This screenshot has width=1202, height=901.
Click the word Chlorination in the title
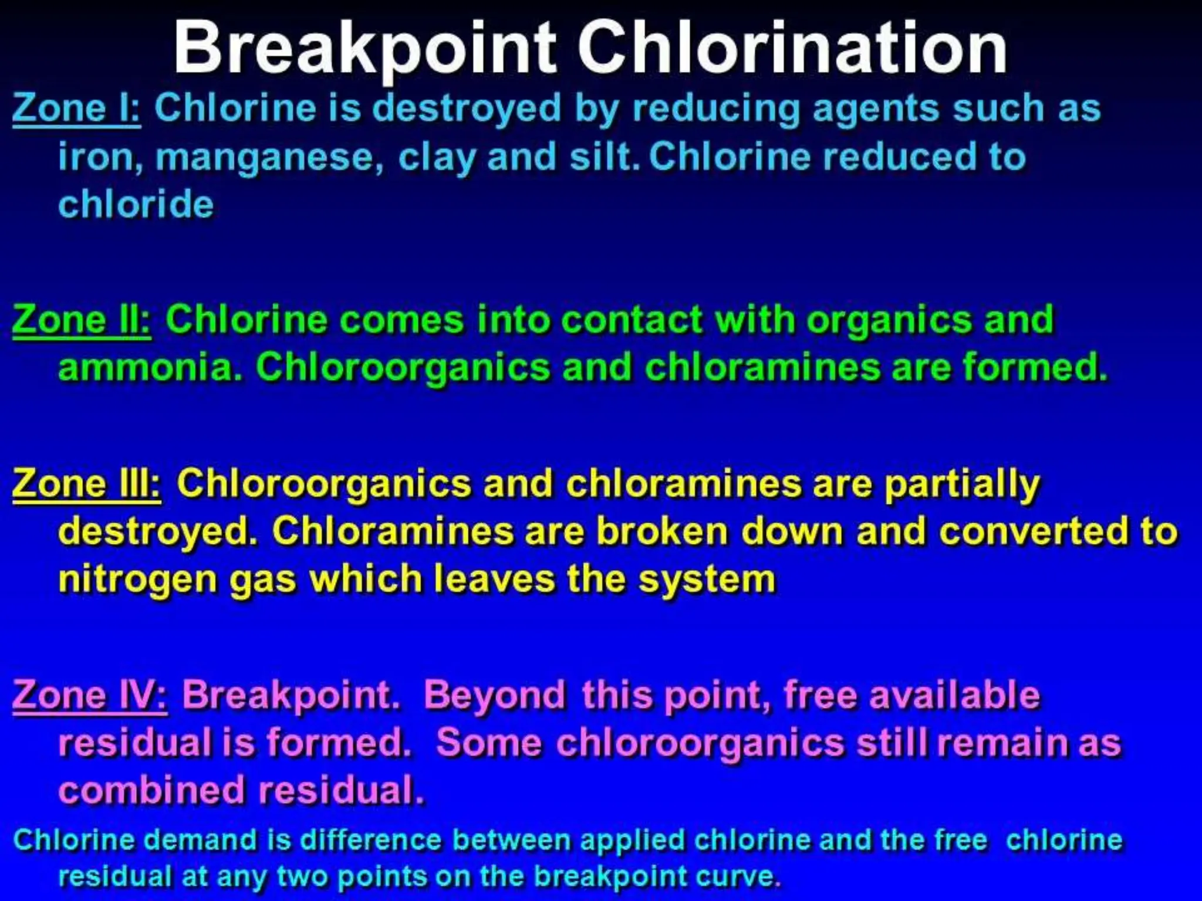(792, 48)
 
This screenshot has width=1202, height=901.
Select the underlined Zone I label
(76, 109)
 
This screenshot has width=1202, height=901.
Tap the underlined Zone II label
(82, 320)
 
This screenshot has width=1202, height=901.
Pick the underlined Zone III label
(86, 484)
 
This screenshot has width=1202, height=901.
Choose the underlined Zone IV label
(90, 695)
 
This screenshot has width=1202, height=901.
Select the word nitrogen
(137, 580)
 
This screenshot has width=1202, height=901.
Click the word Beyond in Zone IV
(495, 695)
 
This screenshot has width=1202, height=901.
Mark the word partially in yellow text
(961, 485)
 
